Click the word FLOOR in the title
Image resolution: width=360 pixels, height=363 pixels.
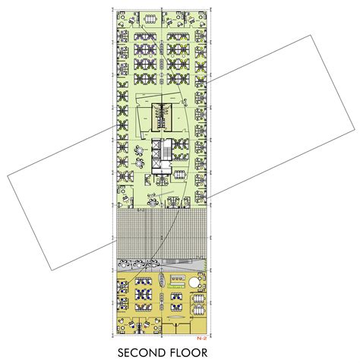click(x=193, y=352)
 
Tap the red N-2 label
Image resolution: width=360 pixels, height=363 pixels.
click(x=201, y=336)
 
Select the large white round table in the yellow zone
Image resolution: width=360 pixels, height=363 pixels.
click(x=196, y=283)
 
